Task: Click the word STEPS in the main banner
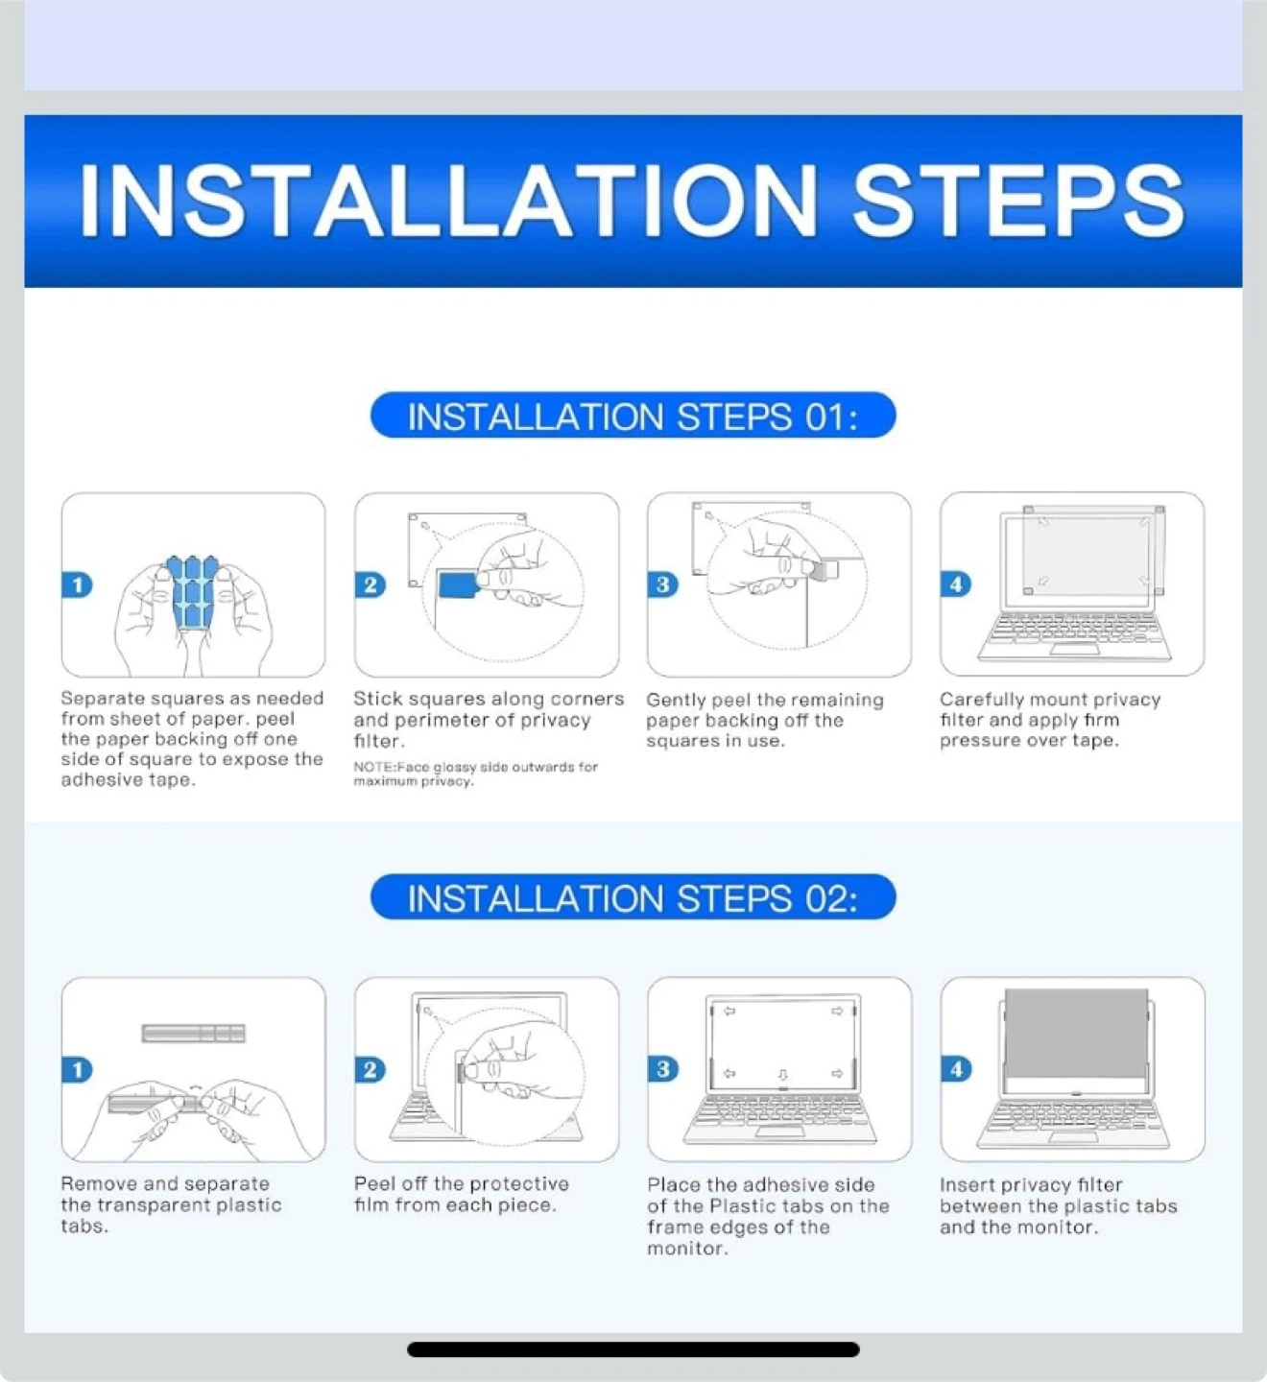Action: tap(1018, 202)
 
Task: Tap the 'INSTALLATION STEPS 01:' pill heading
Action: tap(633, 416)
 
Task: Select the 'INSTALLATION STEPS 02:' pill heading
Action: tap(633, 897)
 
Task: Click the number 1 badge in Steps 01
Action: tap(77, 584)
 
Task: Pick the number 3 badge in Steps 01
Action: tap(662, 584)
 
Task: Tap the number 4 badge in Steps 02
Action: tap(956, 1069)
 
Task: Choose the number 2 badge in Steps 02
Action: tap(371, 1069)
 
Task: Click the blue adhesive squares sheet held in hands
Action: tap(192, 590)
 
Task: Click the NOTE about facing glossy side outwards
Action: tap(475, 774)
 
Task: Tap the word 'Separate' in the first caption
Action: tap(103, 699)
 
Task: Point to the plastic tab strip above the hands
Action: tap(193, 1033)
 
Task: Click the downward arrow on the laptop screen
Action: tap(783, 1074)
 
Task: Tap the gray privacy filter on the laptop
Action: tap(1076, 1033)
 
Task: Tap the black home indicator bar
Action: tap(633, 1349)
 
